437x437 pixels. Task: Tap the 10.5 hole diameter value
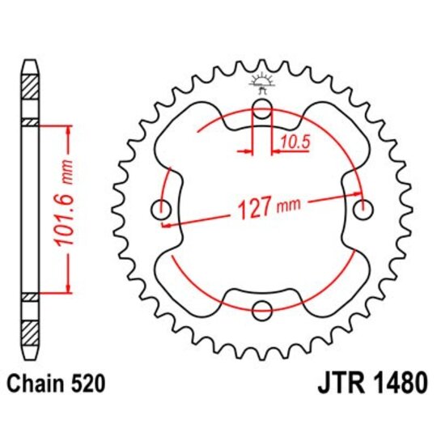[x=293, y=142]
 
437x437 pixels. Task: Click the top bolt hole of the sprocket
[x=262, y=111]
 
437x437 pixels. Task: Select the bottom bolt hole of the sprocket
[x=262, y=309]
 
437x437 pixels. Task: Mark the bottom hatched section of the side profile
[x=29, y=332]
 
